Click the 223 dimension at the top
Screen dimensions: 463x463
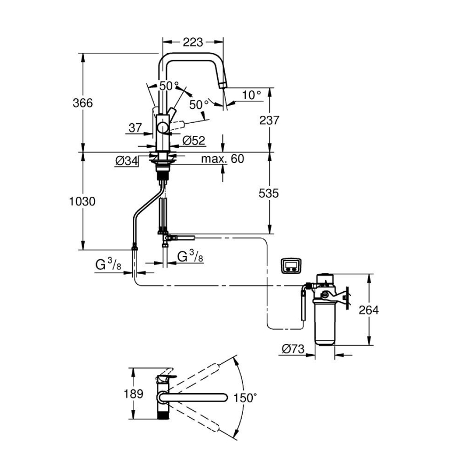193,42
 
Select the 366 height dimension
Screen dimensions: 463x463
83,103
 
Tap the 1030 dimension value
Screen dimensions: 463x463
83,202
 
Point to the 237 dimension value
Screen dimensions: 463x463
269,120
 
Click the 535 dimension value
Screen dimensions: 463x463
269,194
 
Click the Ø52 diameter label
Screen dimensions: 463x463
193,141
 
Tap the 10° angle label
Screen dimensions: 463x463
252,94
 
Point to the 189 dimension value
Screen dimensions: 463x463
133,394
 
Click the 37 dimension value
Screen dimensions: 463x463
135,127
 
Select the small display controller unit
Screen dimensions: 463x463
291,265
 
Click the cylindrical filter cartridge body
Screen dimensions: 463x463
325,323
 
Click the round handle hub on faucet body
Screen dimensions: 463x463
162,127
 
